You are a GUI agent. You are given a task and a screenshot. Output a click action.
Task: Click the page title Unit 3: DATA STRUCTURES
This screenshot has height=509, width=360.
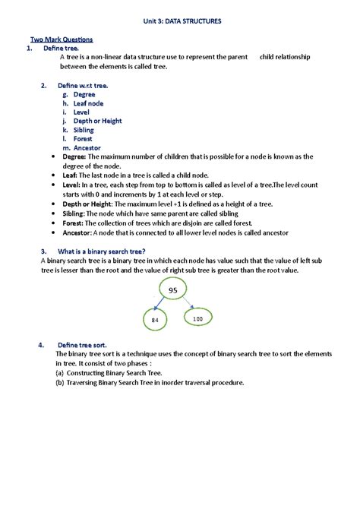pos(183,22)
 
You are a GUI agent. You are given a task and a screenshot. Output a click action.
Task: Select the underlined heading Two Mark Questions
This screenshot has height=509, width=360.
pos(62,39)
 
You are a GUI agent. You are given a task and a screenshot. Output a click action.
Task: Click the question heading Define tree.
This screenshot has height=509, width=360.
pos(62,48)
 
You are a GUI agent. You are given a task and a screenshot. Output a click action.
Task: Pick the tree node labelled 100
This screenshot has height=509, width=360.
pos(198,318)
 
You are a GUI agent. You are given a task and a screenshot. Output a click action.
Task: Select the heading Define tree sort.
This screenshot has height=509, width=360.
pos(84,345)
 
